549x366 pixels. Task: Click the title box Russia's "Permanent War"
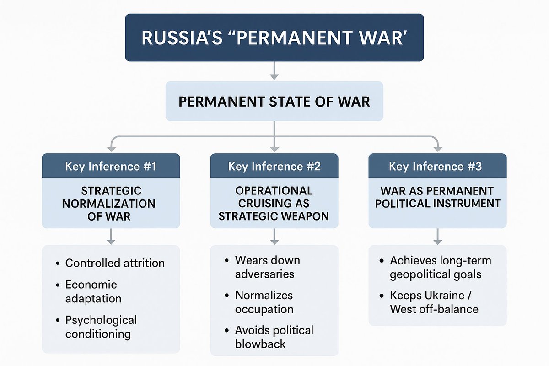pos(274,38)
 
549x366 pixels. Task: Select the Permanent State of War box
pos(274,101)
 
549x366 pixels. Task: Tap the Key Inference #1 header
pos(111,166)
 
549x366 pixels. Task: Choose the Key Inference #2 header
pos(274,166)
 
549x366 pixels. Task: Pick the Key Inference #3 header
pos(437,166)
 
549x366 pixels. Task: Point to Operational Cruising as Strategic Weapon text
pos(274,203)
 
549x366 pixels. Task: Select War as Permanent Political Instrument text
pos(437,197)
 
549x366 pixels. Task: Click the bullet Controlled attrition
pos(114,263)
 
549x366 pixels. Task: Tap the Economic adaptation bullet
pos(93,291)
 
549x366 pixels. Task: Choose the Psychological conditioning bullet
pos(101,327)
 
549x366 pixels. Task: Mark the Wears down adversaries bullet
pos(267,267)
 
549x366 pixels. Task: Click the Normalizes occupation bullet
pos(264,302)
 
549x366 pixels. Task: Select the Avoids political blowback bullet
pos(274,337)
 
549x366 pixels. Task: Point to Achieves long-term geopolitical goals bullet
pos(440,267)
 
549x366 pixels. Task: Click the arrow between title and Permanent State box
pos(274,71)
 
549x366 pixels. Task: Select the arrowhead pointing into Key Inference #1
pos(111,148)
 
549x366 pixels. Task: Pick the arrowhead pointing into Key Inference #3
pos(437,148)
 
